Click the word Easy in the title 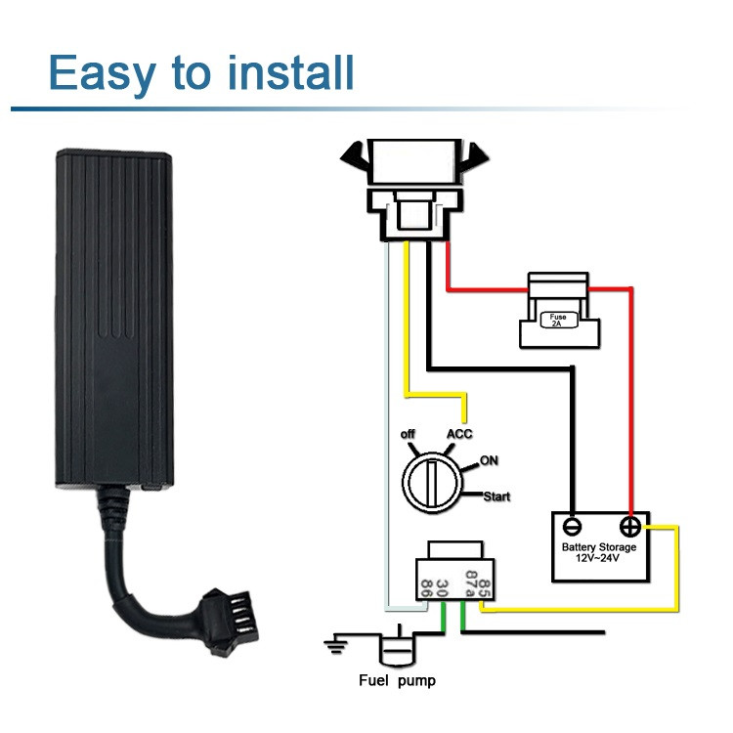[x=102, y=73]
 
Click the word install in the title [x=290, y=72]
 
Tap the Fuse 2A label [x=558, y=320]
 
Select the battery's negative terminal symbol [x=572, y=527]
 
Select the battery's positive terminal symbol [x=630, y=527]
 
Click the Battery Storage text [x=599, y=547]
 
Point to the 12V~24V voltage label [x=597, y=558]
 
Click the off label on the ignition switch [x=408, y=434]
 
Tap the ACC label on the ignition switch [x=459, y=434]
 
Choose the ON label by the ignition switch [x=489, y=460]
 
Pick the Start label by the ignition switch [x=496, y=496]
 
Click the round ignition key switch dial [x=432, y=483]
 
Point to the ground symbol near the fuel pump [x=336, y=645]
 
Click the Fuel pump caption [x=398, y=680]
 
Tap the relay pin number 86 [x=426, y=587]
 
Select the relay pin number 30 [x=442, y=587]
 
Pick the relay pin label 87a [x=471, y=583]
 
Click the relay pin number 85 [x=485, y=588]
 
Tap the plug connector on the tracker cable [x=230, y=623]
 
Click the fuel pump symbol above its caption [x=398, y=645]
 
